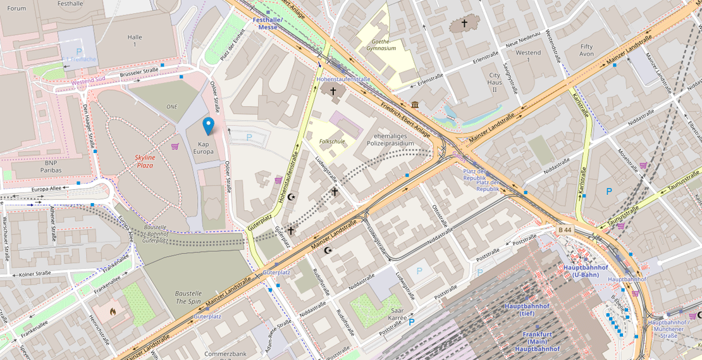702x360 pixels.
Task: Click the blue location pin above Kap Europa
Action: pos(208,126)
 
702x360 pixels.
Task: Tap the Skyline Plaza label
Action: pos(145,161)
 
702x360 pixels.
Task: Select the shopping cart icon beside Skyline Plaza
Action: pos(175,146)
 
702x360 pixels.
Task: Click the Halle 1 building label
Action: pos(135,41)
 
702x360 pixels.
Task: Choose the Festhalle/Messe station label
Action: pos(268,23)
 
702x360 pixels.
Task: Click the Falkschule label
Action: pos(332,142)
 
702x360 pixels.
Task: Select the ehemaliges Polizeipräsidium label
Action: pos(392,139)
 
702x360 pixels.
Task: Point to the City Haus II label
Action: pos(495,82)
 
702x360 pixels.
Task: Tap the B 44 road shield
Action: pos(565,230)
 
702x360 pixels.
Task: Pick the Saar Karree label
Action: pos(397,314)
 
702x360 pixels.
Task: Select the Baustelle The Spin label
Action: pos(188,297)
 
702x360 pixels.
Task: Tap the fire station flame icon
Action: pos(113,311)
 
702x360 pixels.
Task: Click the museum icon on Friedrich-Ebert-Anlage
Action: pos(414,104)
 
